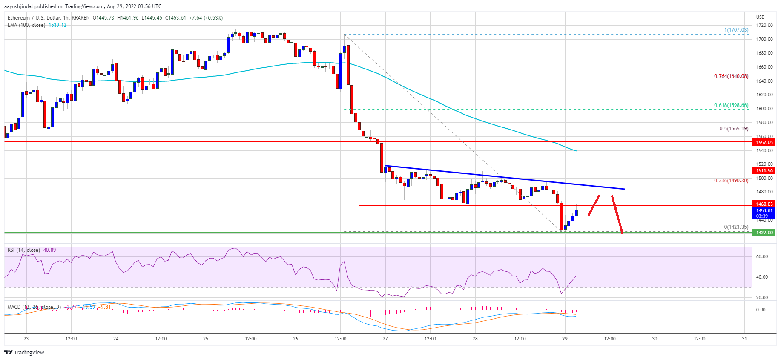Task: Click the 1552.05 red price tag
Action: point(764,142)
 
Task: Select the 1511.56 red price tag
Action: point(764,170)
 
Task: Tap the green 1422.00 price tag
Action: point(764,233)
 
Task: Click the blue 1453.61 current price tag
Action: point(764,210)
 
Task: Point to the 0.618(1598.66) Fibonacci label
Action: point(731,105)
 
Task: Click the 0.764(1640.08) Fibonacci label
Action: point(731,77)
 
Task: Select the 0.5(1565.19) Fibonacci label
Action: point(733,129)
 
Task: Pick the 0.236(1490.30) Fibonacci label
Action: point(731,181)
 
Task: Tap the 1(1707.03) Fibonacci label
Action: point(736,30)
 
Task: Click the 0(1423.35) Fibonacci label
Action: point(736,227)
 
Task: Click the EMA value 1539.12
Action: point(57,25)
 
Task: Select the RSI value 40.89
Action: point(50,250)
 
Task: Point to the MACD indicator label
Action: point(14,307)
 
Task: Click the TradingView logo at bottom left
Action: point(24,352)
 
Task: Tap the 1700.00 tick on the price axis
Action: point(764,39)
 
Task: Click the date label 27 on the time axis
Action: point(385,339)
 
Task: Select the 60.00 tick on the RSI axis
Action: point(762,256)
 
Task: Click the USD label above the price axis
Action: point(760,17)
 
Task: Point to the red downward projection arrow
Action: point(617,214)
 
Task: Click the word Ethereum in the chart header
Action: point(19,18)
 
